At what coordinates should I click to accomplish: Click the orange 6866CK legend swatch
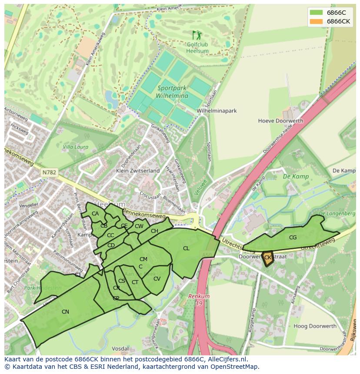pyautogui.click(x=316, y=21)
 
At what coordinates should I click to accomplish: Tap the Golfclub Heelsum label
pyautogui.click(x=197, y=48)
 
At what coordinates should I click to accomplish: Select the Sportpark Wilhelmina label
pyautogui.click(x=173, y=92)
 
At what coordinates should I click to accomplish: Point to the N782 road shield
pyautogui.click(x=49, y=172)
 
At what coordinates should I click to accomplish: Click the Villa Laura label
pyautogui.click(x=75, y=147)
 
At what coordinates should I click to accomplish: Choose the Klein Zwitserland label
pyautogui.click(x=138, y=171)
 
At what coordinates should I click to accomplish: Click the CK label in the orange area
pyautogui.click(x=268, y=258)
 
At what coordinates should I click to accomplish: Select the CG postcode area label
pyautogui.click(x=293, y=238)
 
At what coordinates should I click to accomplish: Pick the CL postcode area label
pyautogui.click(x=186, y=248)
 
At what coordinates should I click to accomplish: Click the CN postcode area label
pyautogui.click(x=65, y=311)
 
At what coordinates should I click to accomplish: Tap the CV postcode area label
pyautogui.click(x=157, y=279)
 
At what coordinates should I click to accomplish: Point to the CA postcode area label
pyautogui.click(x=95, y=214)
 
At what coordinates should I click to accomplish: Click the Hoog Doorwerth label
pyautogui.click(x=315, y=326)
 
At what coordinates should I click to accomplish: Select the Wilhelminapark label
pyautogui.click(x=217, y=111)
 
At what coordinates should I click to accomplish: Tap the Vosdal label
pyautogui.click(x=120, y=348)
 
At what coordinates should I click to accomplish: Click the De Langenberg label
pyautogui.click(x=337, y=214)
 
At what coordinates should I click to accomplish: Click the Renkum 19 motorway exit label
pyautogui.click(x=199, y=300)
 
